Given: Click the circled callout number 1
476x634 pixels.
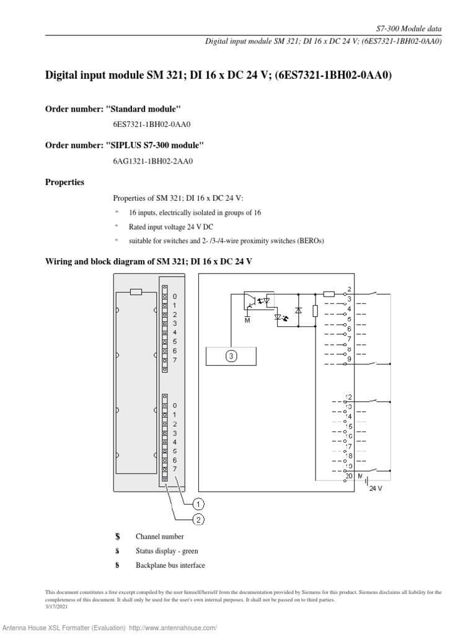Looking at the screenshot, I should tap(199, 503).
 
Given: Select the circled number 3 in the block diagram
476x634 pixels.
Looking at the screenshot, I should tap(231, 356).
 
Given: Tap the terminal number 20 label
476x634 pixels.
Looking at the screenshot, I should tap(349, 475).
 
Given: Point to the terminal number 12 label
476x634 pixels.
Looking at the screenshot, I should tap(349, 397).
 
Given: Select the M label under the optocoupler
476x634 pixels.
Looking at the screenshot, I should tap(246, 321).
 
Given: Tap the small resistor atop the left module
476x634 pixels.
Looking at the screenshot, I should tap(136, 291).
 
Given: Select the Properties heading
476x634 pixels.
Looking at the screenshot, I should tap(65, 183).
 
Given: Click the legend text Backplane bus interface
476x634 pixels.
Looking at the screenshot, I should tap(170, 565).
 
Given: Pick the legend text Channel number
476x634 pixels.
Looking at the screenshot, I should tap(159, 537).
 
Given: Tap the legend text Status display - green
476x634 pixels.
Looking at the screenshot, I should tap(167, 551).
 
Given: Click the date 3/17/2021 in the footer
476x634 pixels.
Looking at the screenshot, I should tap(56, 606).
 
